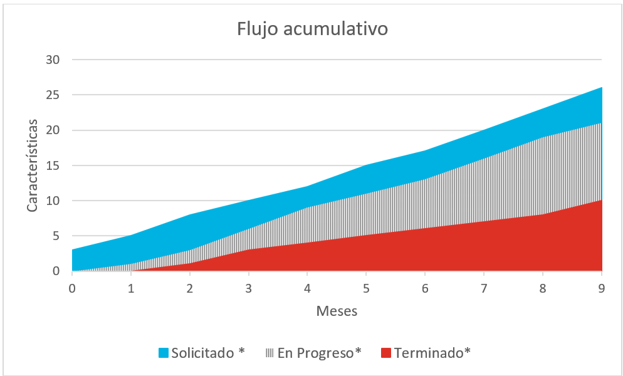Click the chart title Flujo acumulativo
click(x=311, y=29)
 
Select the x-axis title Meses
click(x=337, y=311)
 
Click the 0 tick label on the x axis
click(x=72, y=288)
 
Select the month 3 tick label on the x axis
click(x=249, y=288)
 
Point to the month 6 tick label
click(x=425, y=288)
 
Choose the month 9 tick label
click(x=602, y=288)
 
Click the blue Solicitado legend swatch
click(x=164, y=353)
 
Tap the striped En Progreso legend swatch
click(x=270, y=353)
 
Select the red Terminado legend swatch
click(x=385, y=353)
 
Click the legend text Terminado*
click(x=432, y=353)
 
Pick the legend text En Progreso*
click(x=320, y=353)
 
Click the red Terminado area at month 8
click(x=543, y=244)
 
